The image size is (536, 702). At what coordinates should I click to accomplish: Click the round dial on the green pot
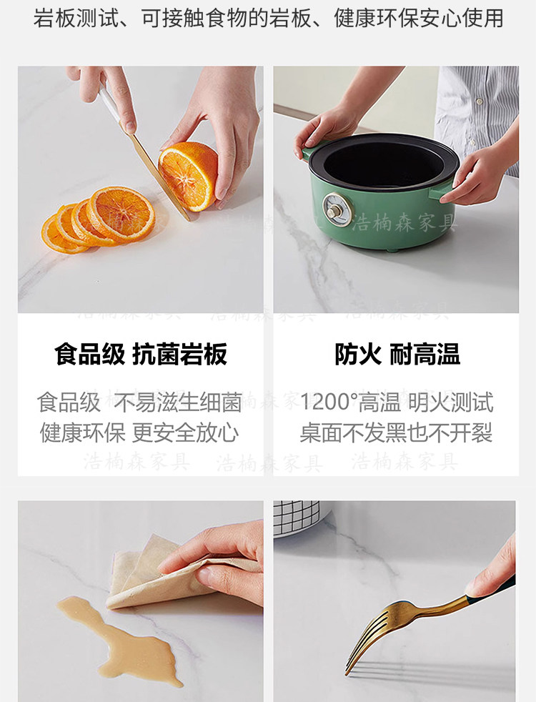point(337,209)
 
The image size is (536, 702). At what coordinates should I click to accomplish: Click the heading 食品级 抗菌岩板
point(141,354)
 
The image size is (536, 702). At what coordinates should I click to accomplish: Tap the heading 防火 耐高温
point(397,354)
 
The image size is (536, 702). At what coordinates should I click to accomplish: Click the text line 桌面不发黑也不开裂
point(396,433)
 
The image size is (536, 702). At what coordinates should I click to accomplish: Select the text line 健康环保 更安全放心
point(139,433)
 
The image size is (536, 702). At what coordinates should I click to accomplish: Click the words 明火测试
point(450,402)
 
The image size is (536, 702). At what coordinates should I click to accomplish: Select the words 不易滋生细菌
point(178,402)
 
